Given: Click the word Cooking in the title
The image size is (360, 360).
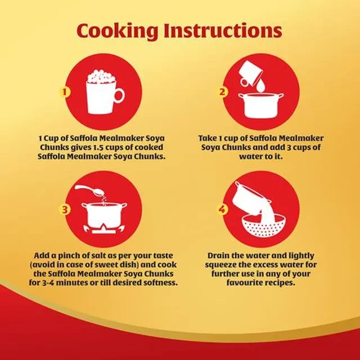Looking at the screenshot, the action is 118,31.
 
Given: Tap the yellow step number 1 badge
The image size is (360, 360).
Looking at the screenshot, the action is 65,92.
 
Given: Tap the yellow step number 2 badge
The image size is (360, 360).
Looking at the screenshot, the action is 222,92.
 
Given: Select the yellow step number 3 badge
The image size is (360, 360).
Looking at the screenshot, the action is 65,209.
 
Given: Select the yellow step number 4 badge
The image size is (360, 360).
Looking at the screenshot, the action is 222,209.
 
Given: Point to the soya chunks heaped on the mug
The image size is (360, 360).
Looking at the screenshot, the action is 101,76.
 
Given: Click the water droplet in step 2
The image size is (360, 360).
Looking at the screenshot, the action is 260,86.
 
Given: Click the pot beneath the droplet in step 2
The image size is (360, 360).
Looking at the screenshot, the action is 260,106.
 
